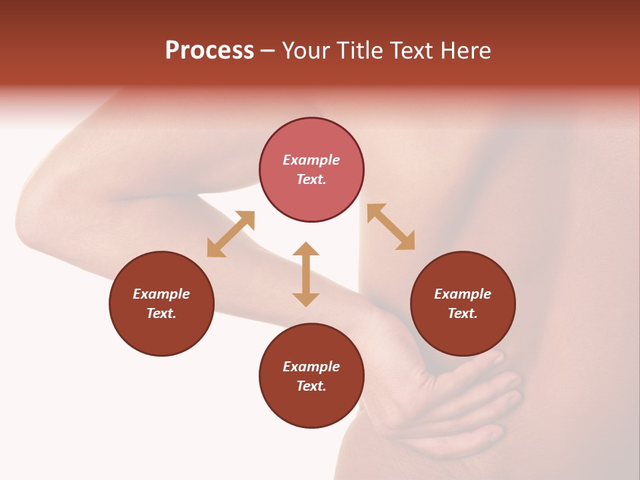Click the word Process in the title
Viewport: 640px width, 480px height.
[x=209, y=51]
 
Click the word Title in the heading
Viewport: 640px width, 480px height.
[x=360, y=51]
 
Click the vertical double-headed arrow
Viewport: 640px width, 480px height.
[x=306, y=274]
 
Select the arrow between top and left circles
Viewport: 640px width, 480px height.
[x=231, y=234]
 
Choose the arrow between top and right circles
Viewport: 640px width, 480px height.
[x=391, y=227]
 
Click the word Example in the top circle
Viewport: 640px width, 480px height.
[x=311, y=160]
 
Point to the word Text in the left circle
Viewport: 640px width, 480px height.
[x=161, y=313]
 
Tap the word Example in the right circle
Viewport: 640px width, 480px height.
[x=463, y=294]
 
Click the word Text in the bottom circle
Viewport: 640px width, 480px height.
[x=311, y=386]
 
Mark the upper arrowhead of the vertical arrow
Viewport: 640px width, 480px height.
[x=306, y=249]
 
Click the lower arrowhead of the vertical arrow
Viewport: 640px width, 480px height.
[x=306, y=299]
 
